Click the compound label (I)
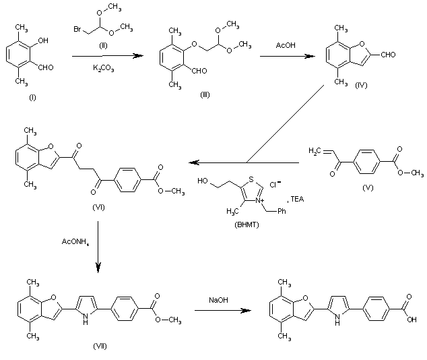tap(32, 97)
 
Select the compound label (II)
tap(103, 46)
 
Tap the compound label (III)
tap(205, 94)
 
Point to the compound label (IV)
tap(361, 85)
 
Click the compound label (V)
tap(368, 188)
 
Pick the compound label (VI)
tap(98, 208)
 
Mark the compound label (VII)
tap(100, 346)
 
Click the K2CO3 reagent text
tap(104, 68)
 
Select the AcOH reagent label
tap(286, 45)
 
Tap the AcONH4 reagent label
tap(75, 242)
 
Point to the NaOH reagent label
tap(218, 300)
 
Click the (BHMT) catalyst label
tap(247, 224)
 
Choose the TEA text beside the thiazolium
tap(297, 199)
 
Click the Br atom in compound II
tap(77, 29)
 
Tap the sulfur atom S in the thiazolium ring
tap(251, 179)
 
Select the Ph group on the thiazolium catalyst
tap(282, 211)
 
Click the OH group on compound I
tap(43, 40)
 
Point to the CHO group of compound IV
tap(388, 55)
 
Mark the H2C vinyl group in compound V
tap(315, 151)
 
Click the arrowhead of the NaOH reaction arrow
tap(247, 310)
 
